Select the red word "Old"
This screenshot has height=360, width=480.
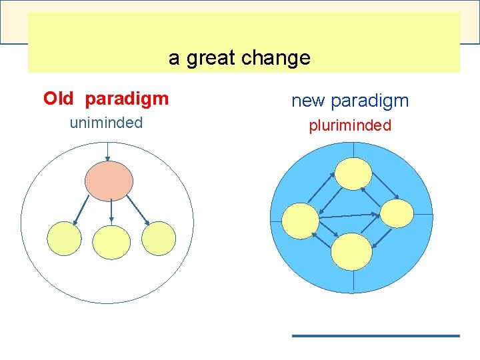(59, 99)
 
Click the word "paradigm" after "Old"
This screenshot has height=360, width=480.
(127, 99)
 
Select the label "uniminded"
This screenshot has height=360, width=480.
(106, 123)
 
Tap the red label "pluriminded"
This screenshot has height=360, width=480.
(350, 126)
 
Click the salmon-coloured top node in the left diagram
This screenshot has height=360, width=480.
(108, 181)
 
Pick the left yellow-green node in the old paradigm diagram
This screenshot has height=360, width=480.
(64, 238)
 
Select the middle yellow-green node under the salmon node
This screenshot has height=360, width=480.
(111, 241)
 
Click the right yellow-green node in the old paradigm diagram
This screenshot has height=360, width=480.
(159, 238)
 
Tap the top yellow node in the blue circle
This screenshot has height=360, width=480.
(353, 174)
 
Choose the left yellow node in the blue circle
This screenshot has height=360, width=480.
(301, 221)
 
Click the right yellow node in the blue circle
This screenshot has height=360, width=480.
(397, 213)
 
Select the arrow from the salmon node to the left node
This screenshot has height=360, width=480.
(83, 210)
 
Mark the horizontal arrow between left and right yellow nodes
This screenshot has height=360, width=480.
(349, 215)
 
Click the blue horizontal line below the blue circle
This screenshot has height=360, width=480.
(376, 335)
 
